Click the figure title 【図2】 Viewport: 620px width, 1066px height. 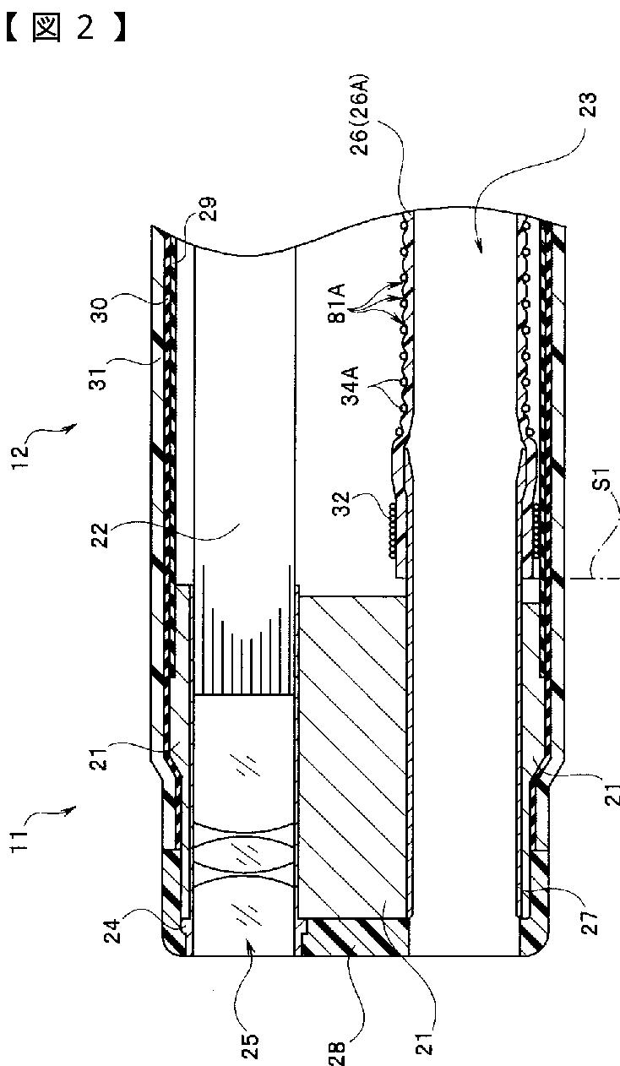[x=66, y=29]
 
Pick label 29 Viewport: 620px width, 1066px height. [x=209, y=209]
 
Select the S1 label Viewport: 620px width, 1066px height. [x=600, y=498]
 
